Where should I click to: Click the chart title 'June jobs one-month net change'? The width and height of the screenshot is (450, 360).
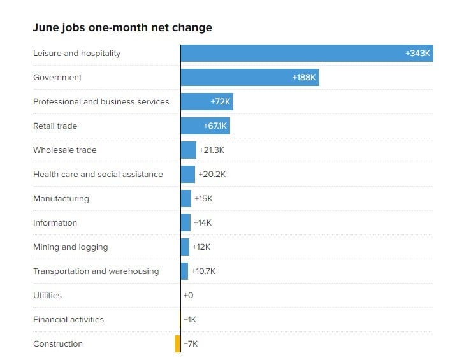(x=122, y=28)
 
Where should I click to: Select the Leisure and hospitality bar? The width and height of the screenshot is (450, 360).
(x=306, y=54)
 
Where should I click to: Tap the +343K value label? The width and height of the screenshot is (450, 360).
(x=418, y=54)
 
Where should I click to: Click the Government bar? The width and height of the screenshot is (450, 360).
(x=249, y=78)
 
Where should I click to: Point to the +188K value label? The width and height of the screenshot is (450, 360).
(x=304, y=78)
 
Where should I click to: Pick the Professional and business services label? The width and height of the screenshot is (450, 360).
(x=101, y=102)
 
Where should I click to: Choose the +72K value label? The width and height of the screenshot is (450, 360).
(x=221, y=102)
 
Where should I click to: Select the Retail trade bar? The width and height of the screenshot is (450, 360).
(x=205, y=126)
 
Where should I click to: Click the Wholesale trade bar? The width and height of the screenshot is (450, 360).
(x=189, y=150)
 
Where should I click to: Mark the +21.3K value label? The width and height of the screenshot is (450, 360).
(x=212, y=150)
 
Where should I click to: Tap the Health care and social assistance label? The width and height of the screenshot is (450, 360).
(x=98, y=175)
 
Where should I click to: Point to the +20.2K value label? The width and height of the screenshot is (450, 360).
(x=211, y=175)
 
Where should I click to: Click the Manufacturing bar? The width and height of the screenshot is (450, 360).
(x=186, y=199)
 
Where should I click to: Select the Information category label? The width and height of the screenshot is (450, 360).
(x=55, y=223)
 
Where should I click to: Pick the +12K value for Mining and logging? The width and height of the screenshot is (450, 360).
(x=201, y=247)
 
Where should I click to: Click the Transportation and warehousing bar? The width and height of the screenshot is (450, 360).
(x=185, y=271)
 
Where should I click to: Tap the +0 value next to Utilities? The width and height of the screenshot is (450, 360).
(x=188, y=296)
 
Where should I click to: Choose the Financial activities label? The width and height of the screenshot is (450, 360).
(x=68, y=320)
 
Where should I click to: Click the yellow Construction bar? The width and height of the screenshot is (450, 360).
(x=178, y=344)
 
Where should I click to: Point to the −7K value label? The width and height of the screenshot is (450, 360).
(x=191, y=344)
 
